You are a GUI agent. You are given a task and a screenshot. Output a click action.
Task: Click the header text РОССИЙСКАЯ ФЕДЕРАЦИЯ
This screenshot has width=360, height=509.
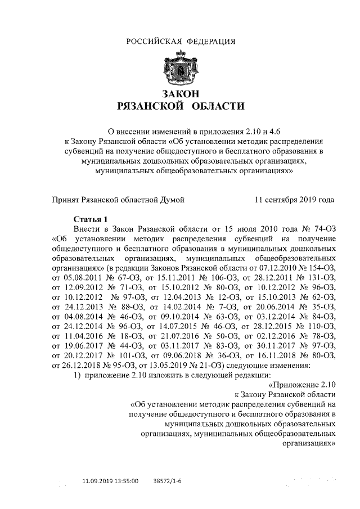point(181,41)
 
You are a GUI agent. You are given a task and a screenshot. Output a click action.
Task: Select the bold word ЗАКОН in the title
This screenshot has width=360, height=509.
point(181,93)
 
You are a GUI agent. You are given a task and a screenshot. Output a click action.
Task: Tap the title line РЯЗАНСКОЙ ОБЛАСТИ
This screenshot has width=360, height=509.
point(181,106)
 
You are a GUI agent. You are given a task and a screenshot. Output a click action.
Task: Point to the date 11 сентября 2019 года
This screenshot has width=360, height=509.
point(295,199)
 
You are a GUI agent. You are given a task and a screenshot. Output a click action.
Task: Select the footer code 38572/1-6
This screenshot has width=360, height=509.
point(168,482)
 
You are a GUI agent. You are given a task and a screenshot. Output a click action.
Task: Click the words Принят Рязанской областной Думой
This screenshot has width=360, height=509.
point(118,199)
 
